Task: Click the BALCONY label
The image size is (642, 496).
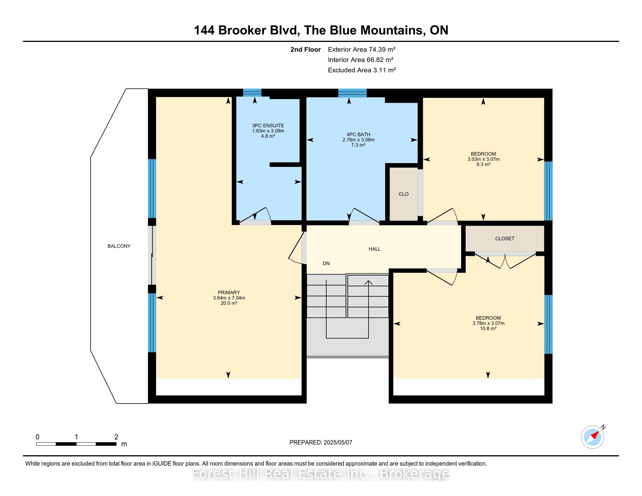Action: click(x=119, y=246)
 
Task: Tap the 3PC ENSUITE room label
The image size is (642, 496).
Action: click(x=268, y=125)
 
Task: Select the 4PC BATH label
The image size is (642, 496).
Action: click(x=358, y=135)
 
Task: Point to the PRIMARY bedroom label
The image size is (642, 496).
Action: click(x=229, y=293)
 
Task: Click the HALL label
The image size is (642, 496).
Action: click(x=374, y=249)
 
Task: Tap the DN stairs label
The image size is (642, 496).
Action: click(x=326, y=263)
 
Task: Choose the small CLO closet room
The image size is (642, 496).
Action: click(x=404, y=194)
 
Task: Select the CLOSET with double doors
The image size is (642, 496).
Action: click(x=505, y=239)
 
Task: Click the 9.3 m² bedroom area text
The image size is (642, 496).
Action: click(x=483, y=165)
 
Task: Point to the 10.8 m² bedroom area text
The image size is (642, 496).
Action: click(x=488, y=329)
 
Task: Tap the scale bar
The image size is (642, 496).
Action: click(x=76, y=444)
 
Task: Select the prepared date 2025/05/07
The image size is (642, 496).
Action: click(x=338, y=443)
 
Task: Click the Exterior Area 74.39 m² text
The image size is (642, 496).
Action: click(x=362, y=49)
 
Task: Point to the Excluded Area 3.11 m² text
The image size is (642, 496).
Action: click(x=362, y=70)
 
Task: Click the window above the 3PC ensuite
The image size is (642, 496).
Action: click(x=252, y=92)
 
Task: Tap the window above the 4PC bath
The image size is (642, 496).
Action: click(x=353, y=93)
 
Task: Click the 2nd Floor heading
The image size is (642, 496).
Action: click(x=306, y=49)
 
